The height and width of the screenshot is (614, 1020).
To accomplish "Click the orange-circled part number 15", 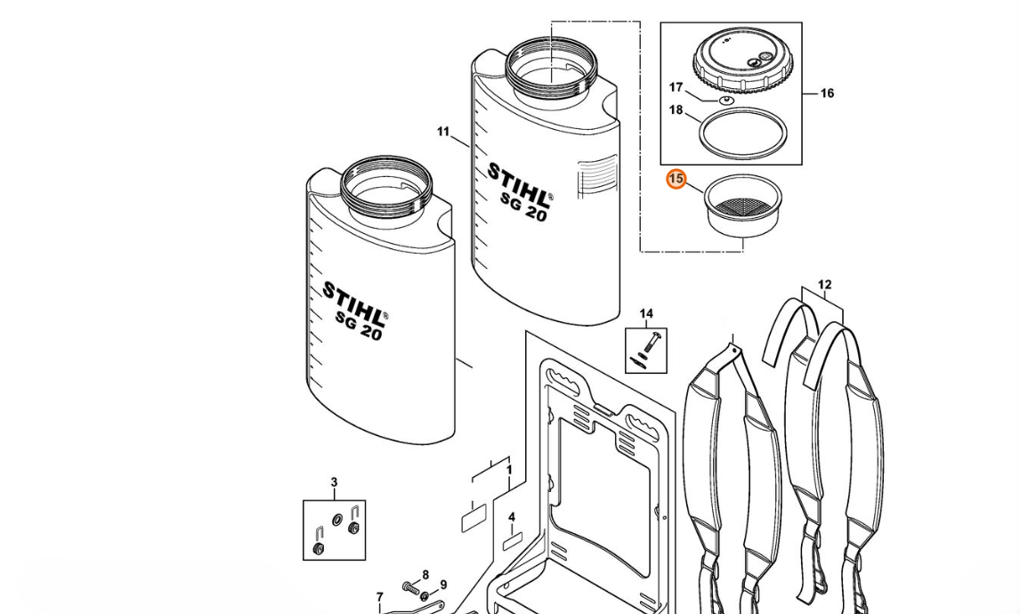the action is pyautogui.click(x=676, y=179).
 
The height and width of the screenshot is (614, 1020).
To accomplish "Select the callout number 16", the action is pyautogui.click(x=826, y=93).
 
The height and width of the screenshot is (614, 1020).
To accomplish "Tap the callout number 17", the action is pyautogui.click(x=676, y=87).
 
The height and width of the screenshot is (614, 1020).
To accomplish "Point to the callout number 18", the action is pyautogui.click(x=676, y=110).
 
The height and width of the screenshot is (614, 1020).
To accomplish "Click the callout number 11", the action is pyautogui.click(x=443, y=132).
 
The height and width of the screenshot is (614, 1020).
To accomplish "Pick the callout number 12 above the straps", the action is pyautogui.click(x=824, y=285).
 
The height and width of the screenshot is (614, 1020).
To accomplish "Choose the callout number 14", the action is pyautogui.click(x=646, y=314).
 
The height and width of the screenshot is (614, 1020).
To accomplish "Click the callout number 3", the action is pyautogui.click(x=335, y=482).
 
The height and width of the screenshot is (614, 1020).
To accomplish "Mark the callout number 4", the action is pyautogui.click(x=512, y=517).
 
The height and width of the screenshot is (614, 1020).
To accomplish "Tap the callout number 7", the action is pyautogui.click(x=380, y=597).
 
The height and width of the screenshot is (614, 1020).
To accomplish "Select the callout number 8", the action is pyautogui.click(x=425, y=575).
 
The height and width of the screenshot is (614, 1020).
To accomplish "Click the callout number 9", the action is pyautogui.click(x=443, y=585).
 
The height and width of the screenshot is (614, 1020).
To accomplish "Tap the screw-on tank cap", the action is pyautogui.click(x=743, y=63).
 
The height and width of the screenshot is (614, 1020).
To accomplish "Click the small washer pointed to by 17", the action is pyautogui.click(x=725, y=101).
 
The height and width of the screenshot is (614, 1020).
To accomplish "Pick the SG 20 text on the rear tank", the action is pyautogui.click(x=523, y=206).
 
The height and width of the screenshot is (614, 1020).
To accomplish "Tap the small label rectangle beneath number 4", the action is pyautogui.click(x=513, y=541).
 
